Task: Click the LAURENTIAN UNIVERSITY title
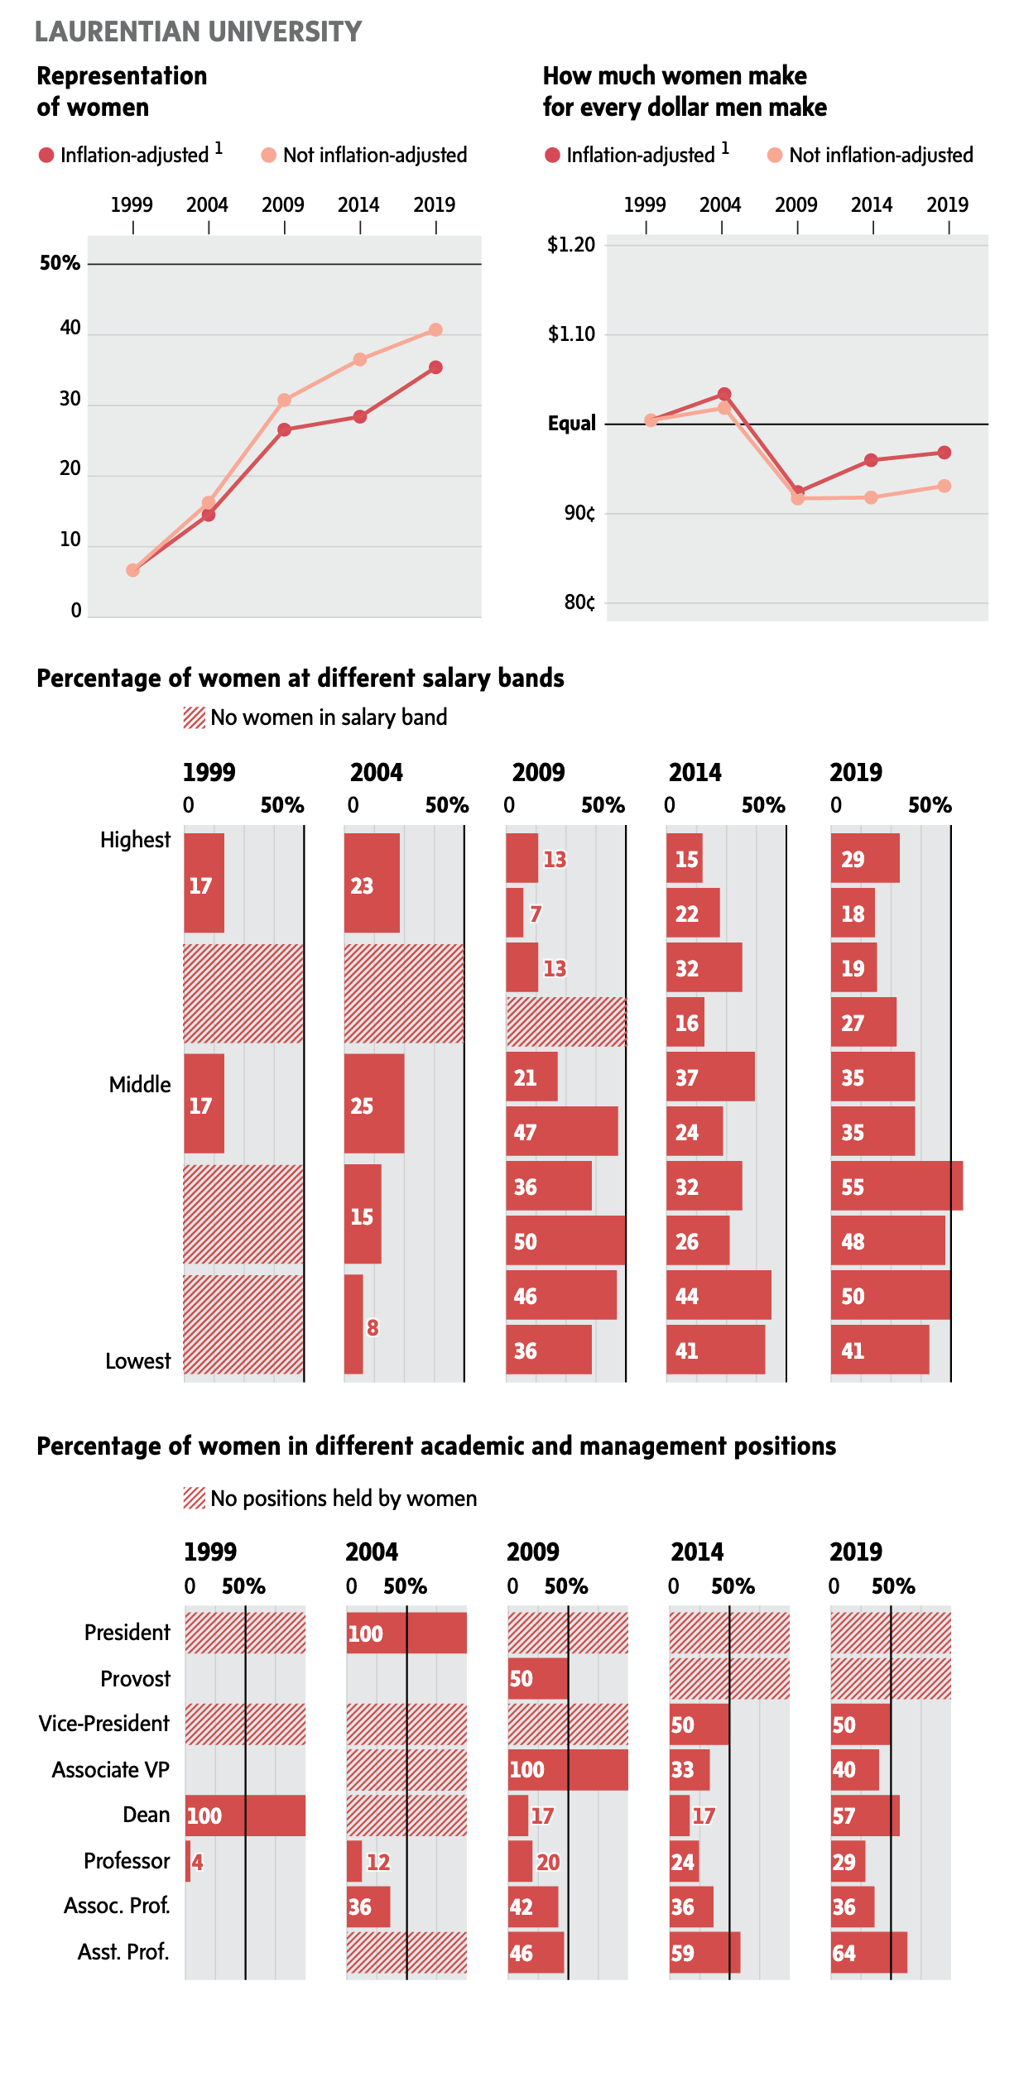tap(198, 31)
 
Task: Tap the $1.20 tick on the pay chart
tap(571, 245)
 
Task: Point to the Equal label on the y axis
tap(571, 424)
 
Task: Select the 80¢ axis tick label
tap(579, 602)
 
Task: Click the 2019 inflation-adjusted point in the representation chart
tap(435, 367)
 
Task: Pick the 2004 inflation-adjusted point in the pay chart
tap(724, 394)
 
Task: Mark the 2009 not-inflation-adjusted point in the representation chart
tap(284, 401)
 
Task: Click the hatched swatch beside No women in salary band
tap(194, 717)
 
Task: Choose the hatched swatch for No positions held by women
tap(194, 1498)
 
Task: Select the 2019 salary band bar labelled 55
tap(896, 1187)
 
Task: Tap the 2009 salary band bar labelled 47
tap(561, 1131)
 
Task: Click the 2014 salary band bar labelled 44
tap(719, 1295)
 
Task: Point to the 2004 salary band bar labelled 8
tap(353, 1324)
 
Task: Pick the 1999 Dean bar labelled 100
tap(245, 1816)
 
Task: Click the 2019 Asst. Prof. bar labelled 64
tap(868, 1953)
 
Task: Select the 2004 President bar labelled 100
tap(406, 1633)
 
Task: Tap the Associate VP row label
tap(110, 1770)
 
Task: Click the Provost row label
tap(135, 1679)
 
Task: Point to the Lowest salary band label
tap(137, 1361)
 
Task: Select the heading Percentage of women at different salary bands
tap(300, 679)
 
